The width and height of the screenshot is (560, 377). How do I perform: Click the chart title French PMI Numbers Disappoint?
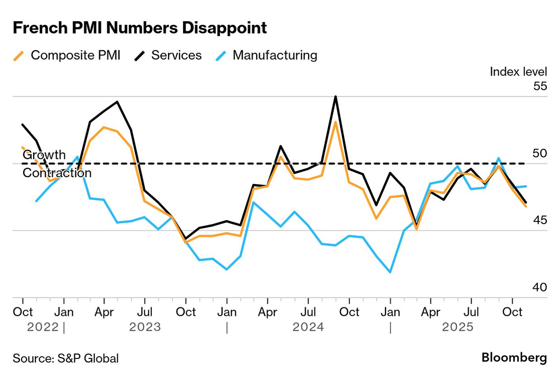tap(139, 28)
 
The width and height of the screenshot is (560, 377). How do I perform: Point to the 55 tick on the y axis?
tap(540, 86)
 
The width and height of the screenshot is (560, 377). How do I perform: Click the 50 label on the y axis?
tap(540, 153)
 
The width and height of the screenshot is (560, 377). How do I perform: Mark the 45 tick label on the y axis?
tap(540, 220)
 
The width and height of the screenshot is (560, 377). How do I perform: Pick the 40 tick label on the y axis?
tap(540, 287)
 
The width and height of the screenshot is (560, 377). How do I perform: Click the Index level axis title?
tap(518, 71)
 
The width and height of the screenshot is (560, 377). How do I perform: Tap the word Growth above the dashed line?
tap(44, 155)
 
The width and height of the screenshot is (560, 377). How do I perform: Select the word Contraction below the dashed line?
tap(57, 173)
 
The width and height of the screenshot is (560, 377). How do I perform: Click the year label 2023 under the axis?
tap(145, 327)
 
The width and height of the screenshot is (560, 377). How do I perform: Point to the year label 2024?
tap(308, 327)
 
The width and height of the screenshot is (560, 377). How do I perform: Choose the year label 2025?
tap(458, 327)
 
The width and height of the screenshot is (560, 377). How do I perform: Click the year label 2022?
tap(43, 327)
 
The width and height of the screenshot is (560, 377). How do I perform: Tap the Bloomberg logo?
tap(514, 358)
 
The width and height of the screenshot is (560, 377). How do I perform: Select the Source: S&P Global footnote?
tap(66, 358)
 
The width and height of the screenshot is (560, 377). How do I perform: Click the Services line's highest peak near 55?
tap(335, 96)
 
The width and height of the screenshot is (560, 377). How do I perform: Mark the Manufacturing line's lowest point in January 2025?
tap(390, 272)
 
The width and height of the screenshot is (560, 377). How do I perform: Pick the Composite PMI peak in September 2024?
tap(335, 122)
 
